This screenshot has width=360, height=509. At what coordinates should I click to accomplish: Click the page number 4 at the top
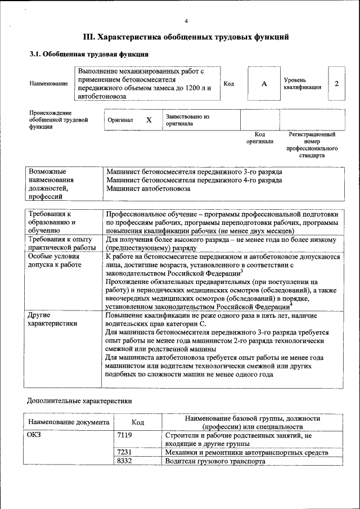(186, 21)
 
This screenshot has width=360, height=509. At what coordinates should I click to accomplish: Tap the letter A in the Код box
(264, 84)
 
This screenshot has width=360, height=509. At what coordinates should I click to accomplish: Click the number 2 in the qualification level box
(336, 84)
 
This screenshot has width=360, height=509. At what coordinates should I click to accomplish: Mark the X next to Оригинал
(149, 120)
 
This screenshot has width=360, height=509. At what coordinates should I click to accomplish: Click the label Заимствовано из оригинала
(187, 120)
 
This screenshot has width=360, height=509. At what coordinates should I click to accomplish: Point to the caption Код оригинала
(259, 138)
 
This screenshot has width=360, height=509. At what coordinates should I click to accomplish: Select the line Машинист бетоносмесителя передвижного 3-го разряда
(194, 171)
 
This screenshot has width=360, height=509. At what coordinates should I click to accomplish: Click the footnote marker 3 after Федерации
(242, 271)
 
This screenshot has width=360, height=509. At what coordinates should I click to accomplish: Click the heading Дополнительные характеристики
(80, 401)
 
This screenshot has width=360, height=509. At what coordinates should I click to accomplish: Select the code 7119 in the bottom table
(124, 435)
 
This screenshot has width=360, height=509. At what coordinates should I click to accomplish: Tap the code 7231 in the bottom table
(124, 452)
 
